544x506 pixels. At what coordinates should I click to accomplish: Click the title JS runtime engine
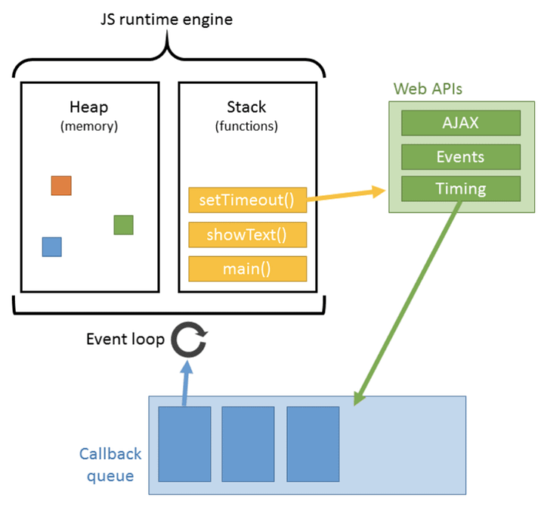(x=166, y=18)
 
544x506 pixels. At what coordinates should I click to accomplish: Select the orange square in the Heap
(x=61, y=185)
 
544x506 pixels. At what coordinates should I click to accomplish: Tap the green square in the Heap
(x=123, y=225)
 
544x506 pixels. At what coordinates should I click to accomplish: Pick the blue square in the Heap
(x=51, y=247)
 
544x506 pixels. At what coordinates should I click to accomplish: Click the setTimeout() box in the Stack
(x=247, y=200)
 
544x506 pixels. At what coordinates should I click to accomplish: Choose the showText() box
(x=247, y=234)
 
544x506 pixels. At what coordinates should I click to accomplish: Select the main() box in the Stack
(x=247, y=269)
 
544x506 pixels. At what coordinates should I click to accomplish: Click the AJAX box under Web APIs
(x=460, y=123)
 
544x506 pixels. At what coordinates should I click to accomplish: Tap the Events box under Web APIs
(x=460, y=157)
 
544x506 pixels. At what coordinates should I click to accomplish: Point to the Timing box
(x=460, y=188)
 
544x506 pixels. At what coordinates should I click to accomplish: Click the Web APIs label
(x=428, y=88)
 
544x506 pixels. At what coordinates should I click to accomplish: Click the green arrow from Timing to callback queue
(x=408, y=303)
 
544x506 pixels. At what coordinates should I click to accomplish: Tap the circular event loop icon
(x=186, y=340)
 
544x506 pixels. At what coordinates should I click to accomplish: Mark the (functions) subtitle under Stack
(x=246, y=126)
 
